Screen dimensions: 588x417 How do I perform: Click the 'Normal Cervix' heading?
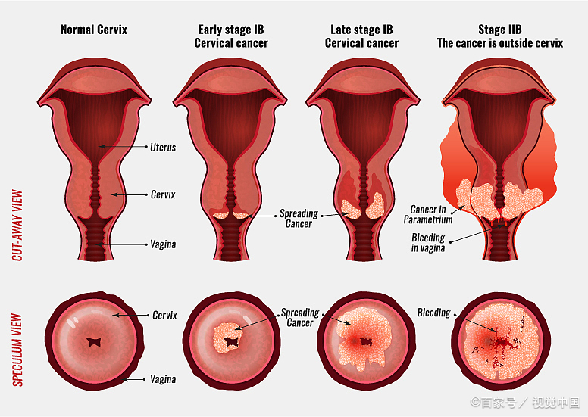click(94, 30)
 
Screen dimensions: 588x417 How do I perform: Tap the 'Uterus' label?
click(163, 148)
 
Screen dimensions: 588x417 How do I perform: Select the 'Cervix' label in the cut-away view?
click(163, 194)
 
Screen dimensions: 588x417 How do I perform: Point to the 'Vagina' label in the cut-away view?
click(163, 244)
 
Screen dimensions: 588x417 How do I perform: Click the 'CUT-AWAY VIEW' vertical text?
click(17, 226)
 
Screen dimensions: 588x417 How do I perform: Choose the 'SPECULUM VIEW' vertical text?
click(17, 350)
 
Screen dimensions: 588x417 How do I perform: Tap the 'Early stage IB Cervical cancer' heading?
click(231, 36)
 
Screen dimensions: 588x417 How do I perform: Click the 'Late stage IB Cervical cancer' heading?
click(361, 36)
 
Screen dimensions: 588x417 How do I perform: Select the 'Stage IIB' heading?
click(500, 30)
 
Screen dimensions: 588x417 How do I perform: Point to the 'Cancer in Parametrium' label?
click(428, 214)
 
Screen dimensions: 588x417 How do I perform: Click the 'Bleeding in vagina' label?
click(428, 242)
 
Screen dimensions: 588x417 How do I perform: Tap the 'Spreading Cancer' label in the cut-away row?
click(299, 219)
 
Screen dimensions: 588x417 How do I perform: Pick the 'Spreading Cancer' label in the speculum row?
click(300, 318)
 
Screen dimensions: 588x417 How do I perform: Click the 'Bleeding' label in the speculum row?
click(434, 313)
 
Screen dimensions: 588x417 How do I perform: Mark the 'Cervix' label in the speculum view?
click(164, 315)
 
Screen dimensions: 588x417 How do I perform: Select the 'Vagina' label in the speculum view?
click(163, 379)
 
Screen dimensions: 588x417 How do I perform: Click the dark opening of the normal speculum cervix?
click(94, 341)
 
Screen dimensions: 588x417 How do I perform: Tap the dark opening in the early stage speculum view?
click(231, 341)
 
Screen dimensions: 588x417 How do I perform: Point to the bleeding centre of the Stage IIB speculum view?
click(500, 342)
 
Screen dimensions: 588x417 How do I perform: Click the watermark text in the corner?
click(526, 403)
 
